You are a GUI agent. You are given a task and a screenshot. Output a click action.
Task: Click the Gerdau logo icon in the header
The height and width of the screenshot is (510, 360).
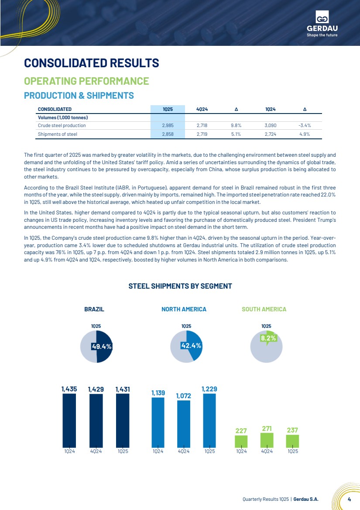(x=322, y=17)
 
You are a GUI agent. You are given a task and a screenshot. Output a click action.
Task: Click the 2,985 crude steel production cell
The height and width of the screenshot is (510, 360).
(x=168, y=126)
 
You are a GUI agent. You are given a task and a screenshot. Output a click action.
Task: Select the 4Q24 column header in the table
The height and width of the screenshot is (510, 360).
(x=202, y=109)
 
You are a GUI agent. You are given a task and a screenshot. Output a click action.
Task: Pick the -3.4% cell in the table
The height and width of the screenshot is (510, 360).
(x=305, y=126)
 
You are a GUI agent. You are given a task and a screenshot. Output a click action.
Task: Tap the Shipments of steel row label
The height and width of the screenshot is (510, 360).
(x=58, y=134)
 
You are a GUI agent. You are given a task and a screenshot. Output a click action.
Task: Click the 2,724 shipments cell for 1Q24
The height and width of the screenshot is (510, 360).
(x=270, y=134)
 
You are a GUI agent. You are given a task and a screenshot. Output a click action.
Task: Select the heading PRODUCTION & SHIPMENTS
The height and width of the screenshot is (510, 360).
(x=79, y=96)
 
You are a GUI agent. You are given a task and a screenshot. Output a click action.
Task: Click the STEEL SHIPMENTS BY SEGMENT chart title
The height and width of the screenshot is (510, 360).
(x=180, y=286)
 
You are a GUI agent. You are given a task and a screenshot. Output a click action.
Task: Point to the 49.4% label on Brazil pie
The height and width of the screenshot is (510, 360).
(x=102, y=347)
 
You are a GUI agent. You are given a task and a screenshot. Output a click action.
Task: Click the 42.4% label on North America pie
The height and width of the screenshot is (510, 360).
(x=191, y=346)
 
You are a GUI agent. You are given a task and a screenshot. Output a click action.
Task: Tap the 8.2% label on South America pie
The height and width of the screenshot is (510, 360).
(x=268, y=338)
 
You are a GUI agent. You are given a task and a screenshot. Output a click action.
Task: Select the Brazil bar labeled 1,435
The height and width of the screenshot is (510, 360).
(x=69, y=420)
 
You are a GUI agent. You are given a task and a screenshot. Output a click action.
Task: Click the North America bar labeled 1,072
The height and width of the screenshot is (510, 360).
(x=184, y=424)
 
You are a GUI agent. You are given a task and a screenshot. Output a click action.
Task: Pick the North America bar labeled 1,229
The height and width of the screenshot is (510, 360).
(x=209, y=420)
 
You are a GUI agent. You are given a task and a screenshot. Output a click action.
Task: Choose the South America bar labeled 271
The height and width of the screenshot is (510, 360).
(x=267, y=440)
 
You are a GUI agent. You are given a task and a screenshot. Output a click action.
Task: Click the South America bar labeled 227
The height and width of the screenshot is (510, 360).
(x=241, y=442)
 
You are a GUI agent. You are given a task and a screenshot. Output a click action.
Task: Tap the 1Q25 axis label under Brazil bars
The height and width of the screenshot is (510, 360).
(x=123, y=451)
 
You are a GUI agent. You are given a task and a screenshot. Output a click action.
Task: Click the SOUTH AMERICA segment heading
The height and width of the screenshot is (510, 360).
(x=264, y=309)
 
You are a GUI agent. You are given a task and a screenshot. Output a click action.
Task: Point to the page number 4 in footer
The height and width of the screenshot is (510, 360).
(x=349, y=499)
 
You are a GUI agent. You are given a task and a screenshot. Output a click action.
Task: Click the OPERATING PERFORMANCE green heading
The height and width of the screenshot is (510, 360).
(x=86, y=81)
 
